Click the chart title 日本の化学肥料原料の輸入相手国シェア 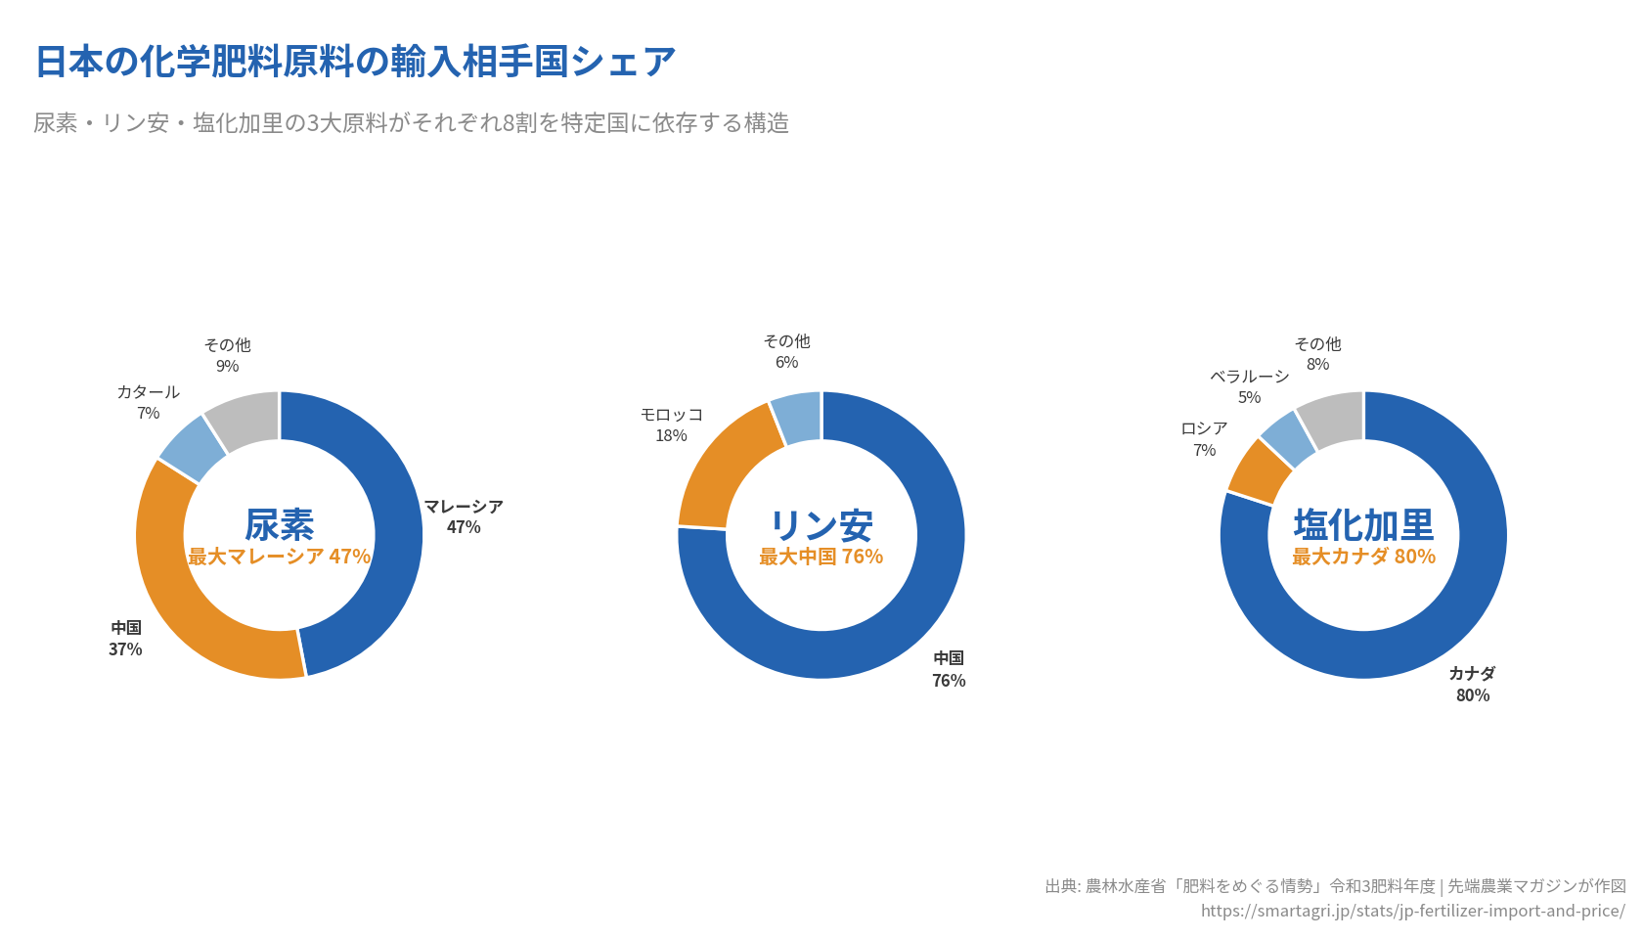(355, 62)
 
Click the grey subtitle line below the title (411, 123)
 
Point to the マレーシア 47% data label (464, 516)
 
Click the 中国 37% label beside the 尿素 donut (125, 638)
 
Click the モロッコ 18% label (671, 425)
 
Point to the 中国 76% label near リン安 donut (949, 669)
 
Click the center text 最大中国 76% (821, 557)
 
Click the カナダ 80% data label (1472, 684)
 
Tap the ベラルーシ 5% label (1249, 386)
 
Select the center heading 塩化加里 (1363, 525)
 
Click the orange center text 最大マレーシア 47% (279, 557)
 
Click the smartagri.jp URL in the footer (1412, 911)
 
